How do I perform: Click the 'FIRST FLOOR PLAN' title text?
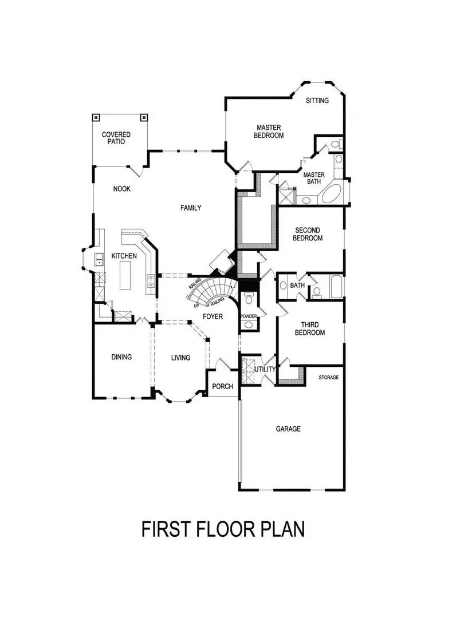coord(223,529)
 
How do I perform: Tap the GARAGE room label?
coord(288,429)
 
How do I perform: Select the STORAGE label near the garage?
coord(329,378)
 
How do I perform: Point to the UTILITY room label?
coord(265,370)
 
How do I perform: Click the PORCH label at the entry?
coord(222,386)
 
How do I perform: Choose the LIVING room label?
coord(180,358)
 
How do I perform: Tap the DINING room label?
coord(121,357)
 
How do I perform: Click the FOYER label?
coord(213,316)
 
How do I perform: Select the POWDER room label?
coord(248,316)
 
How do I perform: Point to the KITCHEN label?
coord(124,256)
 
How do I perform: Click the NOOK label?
coord(122,189)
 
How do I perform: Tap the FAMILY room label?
coord(191,208)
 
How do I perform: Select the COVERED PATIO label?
coord(116,138)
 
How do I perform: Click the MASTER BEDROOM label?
coord(270,132)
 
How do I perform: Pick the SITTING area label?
coord(317,101)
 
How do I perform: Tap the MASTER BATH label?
coord(314,179)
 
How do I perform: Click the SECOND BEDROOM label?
coord(308,234)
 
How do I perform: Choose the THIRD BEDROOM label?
coord(310,328)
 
